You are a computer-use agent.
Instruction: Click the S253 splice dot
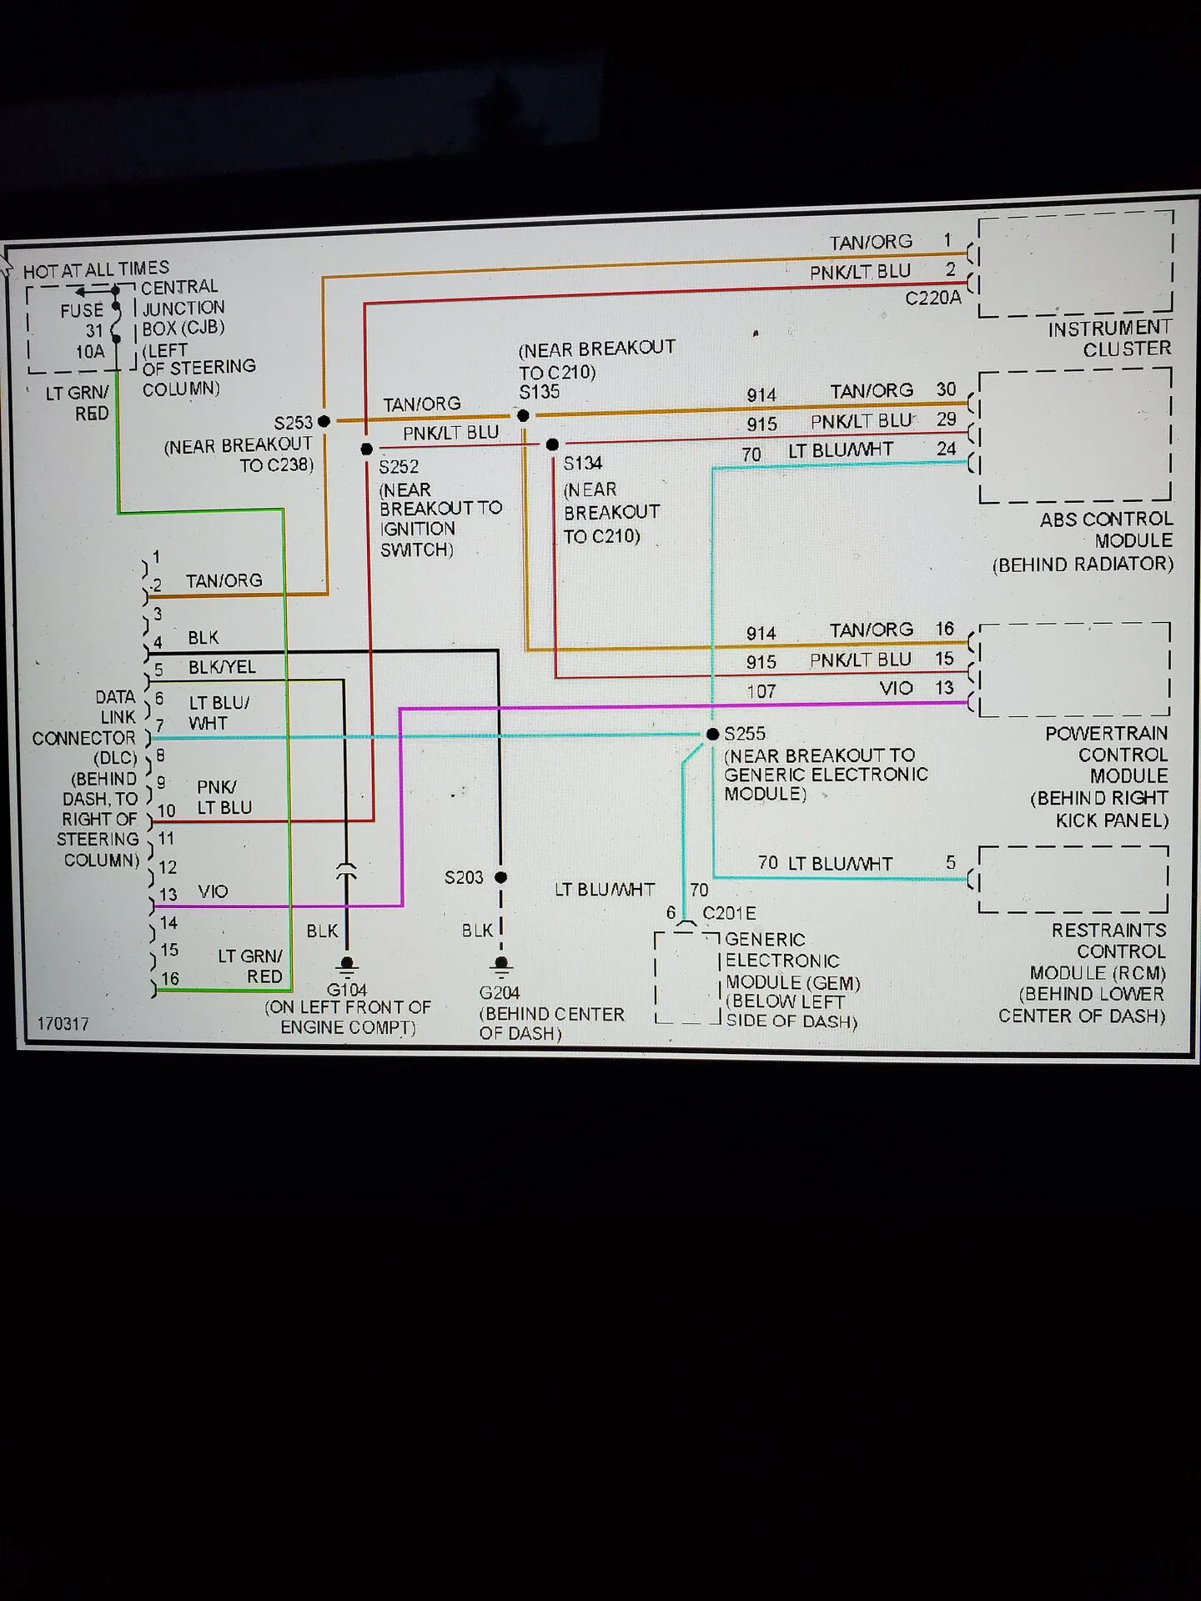click(x=324, y=422)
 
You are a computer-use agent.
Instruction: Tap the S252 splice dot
click(x=366, y=449)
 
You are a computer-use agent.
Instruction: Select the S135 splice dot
click(x=523, y=415)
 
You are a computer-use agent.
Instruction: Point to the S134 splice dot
click(x=552, y=444)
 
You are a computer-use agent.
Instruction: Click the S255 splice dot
click(x=712, y=734)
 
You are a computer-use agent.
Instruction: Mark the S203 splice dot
click(x=500, y=877)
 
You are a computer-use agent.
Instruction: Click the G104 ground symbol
click(x=347, y=966)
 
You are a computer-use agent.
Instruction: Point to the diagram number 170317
click(x=63, y=1023)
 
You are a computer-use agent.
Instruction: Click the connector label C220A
click(x=933, y=298)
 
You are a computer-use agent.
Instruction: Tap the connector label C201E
click(x=729, y=913)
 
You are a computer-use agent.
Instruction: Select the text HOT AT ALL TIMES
click(x=96, y=269)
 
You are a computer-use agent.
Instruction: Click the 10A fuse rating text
click(x=90, y=351)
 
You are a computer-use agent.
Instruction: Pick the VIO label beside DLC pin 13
click(x=213, y=891)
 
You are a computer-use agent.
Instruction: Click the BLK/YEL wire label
click(x=222, y=667)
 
